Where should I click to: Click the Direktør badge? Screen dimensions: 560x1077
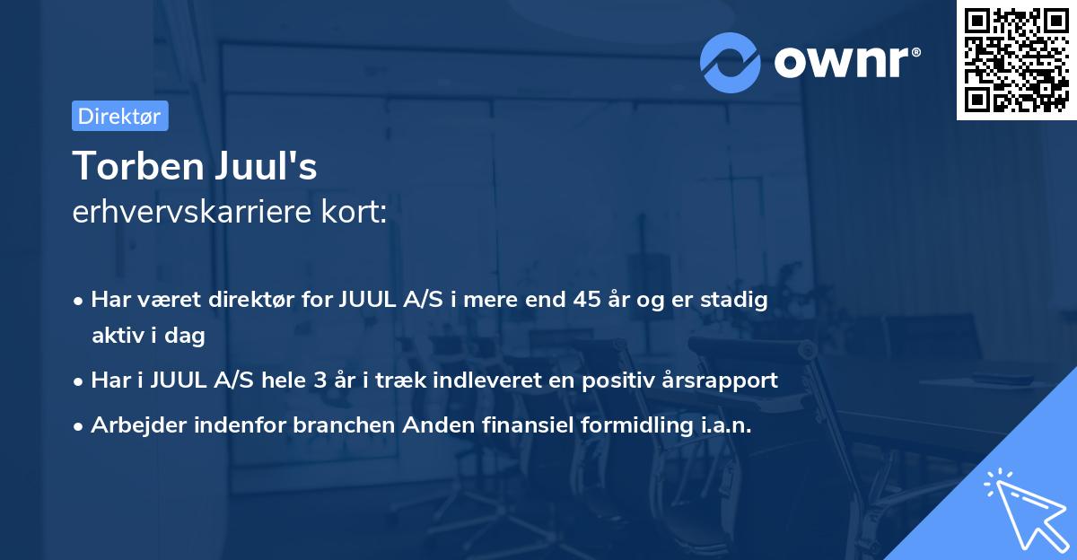click(119, 116)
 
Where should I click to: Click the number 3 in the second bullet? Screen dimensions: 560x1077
click(320, 380)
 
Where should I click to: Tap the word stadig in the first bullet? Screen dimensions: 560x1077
click(739, 300)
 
